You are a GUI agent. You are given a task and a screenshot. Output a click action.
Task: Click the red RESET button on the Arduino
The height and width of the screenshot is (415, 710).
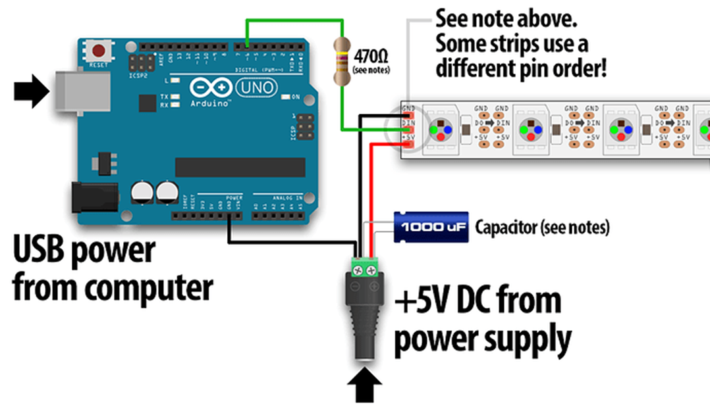click(100, 50)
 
